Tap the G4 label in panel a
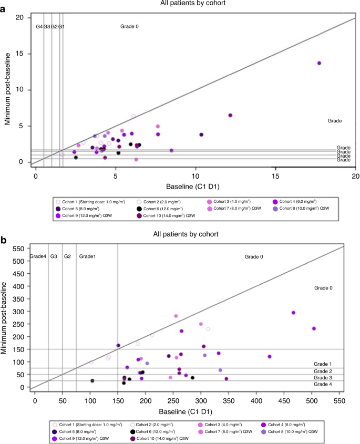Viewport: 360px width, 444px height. (x=39, y=26)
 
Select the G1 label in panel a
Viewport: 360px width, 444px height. (x=61, y=26)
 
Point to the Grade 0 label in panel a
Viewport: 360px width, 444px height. (x=129, y=26)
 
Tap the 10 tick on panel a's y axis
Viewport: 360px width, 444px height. (x=22, y=90)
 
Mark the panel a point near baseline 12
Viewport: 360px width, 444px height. (x=230, y=115)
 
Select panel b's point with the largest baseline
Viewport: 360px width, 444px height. (x=314, y=328)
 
